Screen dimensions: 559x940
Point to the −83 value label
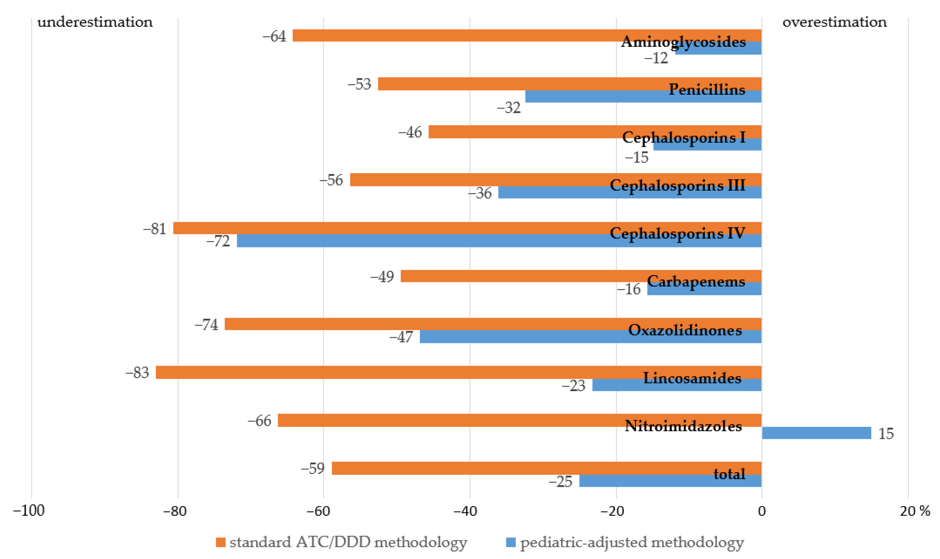[137, 373]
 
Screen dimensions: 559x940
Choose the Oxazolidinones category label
[685, 330]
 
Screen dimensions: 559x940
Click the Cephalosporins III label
[677, 185]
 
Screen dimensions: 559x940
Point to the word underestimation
[95, 22]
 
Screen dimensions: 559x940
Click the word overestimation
[834, 22]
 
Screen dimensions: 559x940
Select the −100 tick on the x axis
[29, 511]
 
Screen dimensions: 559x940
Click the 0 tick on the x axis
[762, 511]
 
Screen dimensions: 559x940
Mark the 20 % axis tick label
[914, 511]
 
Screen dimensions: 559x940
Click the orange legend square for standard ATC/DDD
[221, 542]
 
